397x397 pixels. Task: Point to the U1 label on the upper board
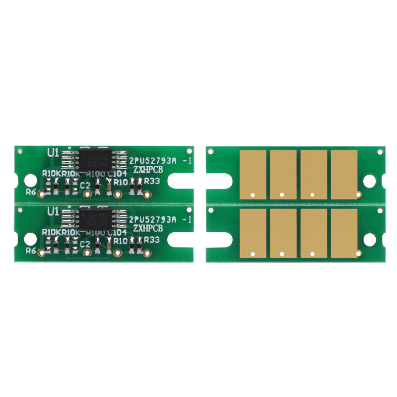(53, 153)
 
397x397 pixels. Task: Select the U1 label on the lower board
(53, 211)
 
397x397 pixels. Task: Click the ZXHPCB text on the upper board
(147, 170)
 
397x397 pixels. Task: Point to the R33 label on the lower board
(152, 240)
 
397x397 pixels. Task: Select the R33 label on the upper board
(152, 181)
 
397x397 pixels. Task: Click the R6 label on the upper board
(31, 193)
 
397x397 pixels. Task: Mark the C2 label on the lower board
(85, 244)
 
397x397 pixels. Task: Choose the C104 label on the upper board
(119, 174)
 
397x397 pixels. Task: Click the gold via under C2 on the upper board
(87, 194)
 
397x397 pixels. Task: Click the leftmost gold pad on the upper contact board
(253, 174)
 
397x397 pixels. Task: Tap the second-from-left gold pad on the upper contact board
(283, 174)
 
